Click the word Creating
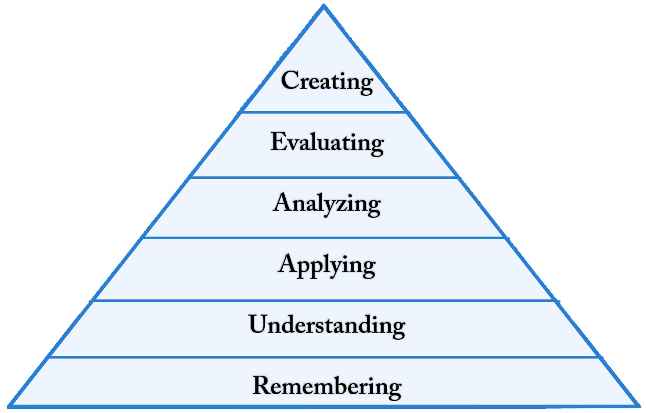[x=327, y=82]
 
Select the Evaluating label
[x=327, y=142]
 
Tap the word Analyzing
[x=326, y=204]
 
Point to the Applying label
[x=326, y=265]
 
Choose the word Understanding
[x=327, y=325]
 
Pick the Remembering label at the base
[x=327, y=386]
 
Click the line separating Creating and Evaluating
[x=324, y=111]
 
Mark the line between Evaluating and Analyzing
[x=324, y=177]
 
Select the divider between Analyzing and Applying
[x=324, y=238]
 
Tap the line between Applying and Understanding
[x=324, y=300]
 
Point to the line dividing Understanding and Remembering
[x=324, y=358]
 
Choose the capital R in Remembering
[x=263, y=386]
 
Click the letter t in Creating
[x=335, y=82]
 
